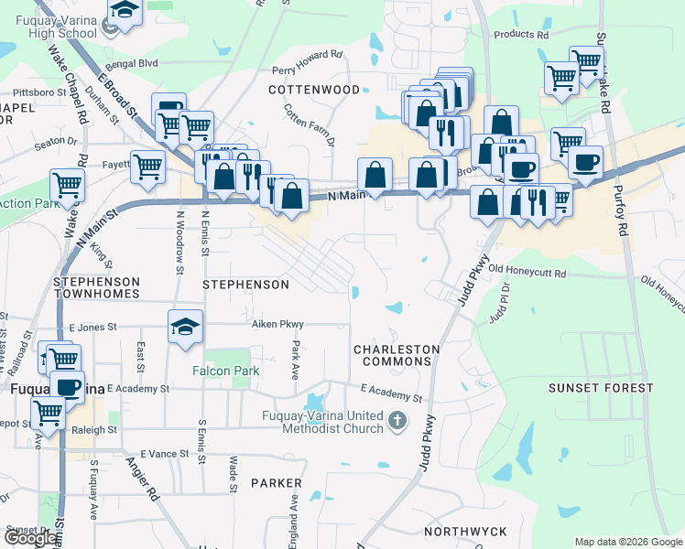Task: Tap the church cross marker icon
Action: click(x=397, y=421)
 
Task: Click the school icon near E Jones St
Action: click(x=185, y=327)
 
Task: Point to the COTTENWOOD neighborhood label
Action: click(x=314, y=90)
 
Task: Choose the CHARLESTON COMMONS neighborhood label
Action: click(x=397, y=355)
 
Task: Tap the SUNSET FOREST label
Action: click(x=601, y=388)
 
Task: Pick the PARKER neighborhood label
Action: click(x=276, y=482)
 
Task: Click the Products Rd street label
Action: click(x=520, y=35)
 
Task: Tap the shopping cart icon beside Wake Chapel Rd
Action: click(x=68, y=184)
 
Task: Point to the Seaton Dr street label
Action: click(x=56, y=141)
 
